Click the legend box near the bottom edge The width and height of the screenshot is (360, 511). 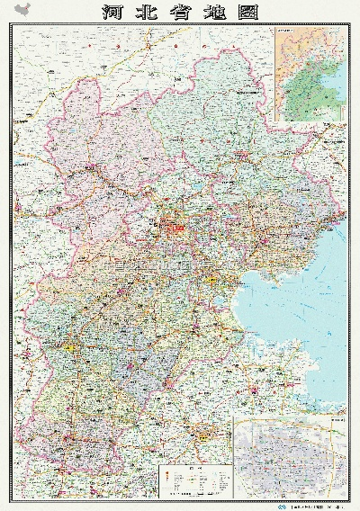click(x=194, y=480)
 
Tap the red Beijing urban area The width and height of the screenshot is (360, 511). click(x=176, y=226)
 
